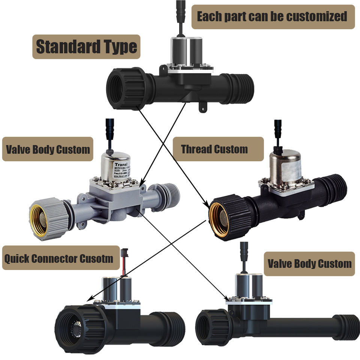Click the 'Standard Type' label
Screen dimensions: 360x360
(86, 47)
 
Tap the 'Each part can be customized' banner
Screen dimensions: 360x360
(273, 17)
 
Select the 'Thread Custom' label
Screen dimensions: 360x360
(214, 149)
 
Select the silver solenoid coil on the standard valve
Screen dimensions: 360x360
(185, 51)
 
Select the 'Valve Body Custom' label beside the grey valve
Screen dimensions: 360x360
(48, 149)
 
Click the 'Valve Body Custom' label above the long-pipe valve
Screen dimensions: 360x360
(309, 263)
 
